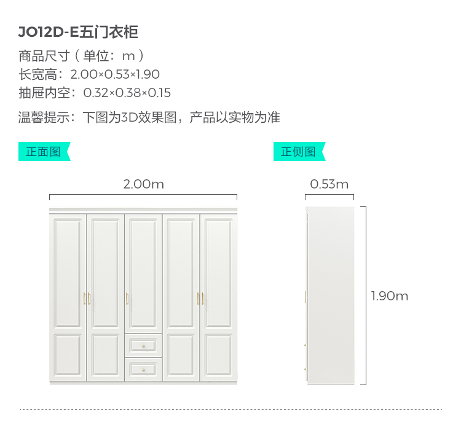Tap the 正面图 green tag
tap(44, 152)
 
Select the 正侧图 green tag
tap(299, 152)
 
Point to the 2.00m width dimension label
tap(143, 184)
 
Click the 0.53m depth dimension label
tap(329, 184)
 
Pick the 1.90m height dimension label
tap(390, 296)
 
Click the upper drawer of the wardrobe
tap(143, 345)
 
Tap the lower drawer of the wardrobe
tap(143, 369)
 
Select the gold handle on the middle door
tap(127, 299)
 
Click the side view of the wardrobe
tap(330, 295)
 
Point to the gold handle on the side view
tap(305, 297)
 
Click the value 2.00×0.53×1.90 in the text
tap(115, 75)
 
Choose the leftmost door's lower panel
tap(68, 356)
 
